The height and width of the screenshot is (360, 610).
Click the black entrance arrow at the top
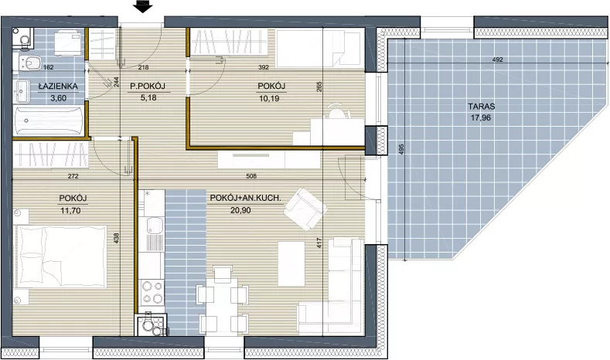pos(143,7)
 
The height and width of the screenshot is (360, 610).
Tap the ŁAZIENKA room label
pos(58,87)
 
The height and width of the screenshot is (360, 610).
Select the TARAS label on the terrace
pos(482,107)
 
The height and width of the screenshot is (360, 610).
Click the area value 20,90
pos(240,210)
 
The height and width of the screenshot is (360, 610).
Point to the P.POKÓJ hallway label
pos(148,87)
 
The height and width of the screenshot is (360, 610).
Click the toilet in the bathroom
pos(27,63)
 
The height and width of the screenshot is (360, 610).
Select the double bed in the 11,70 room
pos(60,256)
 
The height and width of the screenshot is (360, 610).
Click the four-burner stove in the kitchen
pos(152,292)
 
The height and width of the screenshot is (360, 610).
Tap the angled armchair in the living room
pos(305,209)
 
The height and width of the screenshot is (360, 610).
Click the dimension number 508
pos(252,176)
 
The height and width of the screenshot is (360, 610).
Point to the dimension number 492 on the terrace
pos(498,59)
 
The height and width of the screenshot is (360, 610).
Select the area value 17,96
pos(481,117)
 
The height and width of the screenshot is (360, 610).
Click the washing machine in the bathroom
pos(68,43)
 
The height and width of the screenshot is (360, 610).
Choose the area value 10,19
pos(269,98)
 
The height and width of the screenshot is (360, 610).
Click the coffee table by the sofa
pos(291,264)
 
